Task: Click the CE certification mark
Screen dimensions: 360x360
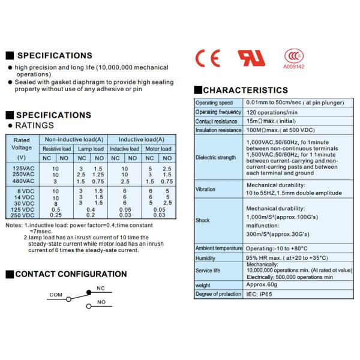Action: (x=208, y=58)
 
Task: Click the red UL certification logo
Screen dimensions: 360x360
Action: (x=251, y=58)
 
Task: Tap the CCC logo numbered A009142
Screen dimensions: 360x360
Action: (x=294, y=58)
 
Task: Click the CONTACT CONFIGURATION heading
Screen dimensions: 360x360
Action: (x=71, y=274)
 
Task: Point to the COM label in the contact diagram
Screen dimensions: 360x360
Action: (x=56, y=295)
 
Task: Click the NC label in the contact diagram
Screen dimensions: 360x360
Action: (x=101, y=289)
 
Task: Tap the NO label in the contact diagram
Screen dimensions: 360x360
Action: (x=101, y=302)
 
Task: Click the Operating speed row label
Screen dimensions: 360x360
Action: (x=218, y=103)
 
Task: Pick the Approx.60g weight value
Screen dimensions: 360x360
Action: (x=262, y=286)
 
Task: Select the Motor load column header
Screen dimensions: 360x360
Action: (x=158, y=149)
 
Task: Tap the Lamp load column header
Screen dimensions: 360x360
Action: (x=91, y=149)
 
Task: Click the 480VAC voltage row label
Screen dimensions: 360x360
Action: (x=23, y=181)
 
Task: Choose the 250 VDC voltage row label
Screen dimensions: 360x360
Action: (x=23, y=215)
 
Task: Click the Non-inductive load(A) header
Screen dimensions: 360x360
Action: (x=74, y=139)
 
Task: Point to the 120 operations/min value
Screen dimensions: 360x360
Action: (x=272, y=112)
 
